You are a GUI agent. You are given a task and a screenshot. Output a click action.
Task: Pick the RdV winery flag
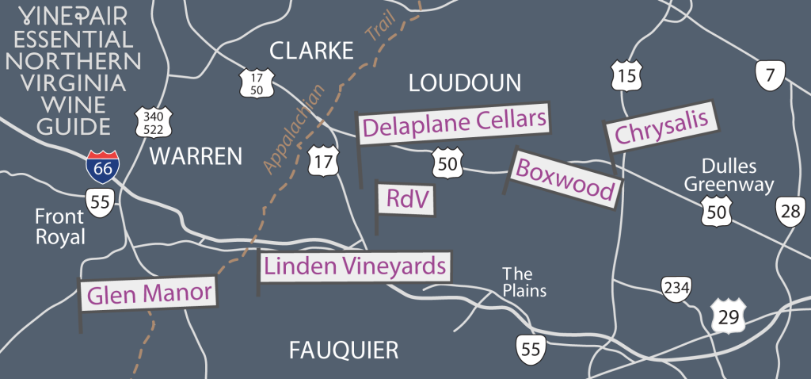pyautogui.click(x=405, y=201)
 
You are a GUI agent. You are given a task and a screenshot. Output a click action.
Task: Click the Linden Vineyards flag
pyautogui.click(x=355, y=266)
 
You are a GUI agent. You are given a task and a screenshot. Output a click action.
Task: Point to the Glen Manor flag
pyautogui.click(x=149, y=294)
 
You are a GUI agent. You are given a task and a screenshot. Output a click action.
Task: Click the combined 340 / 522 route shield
pyautogui.click(x=150, y=121)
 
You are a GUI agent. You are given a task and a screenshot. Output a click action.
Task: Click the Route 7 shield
pyautogui.click(x=768, y=76)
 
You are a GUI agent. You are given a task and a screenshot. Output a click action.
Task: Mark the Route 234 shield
pyautogui.click(x=674, y=289)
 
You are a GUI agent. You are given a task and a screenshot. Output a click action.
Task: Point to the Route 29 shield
pyautogui.click(x=726, y=316)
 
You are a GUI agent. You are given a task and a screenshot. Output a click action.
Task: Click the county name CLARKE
pyautogui.click(x=310, y=52)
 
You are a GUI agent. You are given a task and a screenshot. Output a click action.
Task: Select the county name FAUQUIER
pyautogui.click(x=343, y=350)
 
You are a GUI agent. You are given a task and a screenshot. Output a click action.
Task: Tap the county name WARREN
pyautogui.click(x=196, y=156)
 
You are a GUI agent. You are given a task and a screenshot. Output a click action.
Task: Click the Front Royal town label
pyautogui.click(x=60, y=227)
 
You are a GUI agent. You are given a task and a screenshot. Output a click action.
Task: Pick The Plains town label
pyautogui.click(x=524, y=282)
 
